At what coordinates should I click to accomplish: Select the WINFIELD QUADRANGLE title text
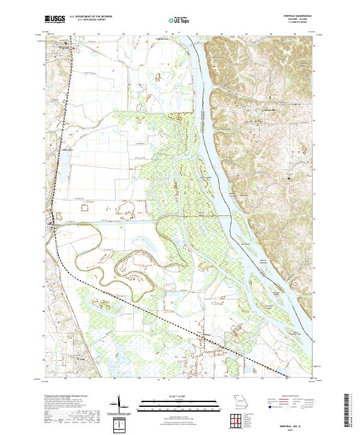click(299, 17)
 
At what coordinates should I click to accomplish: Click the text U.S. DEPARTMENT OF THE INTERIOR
click(91, 17)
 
